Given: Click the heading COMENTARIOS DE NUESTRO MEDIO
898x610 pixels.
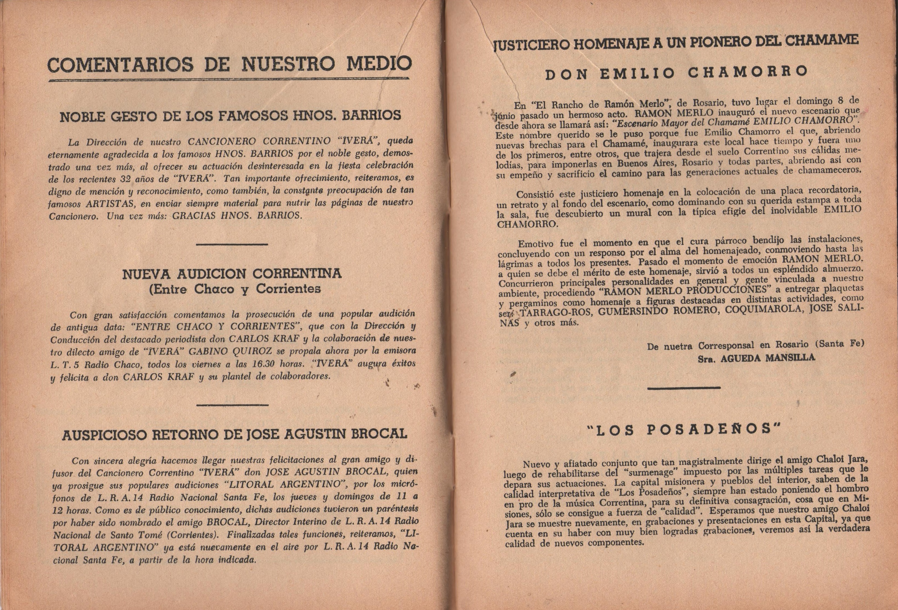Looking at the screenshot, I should coord(229,64).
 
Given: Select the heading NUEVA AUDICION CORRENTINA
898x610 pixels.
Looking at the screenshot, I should coord(232,274).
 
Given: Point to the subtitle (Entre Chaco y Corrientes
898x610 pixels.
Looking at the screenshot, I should coord(235,289).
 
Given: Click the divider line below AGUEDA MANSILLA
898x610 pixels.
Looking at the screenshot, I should coord(683,388).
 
